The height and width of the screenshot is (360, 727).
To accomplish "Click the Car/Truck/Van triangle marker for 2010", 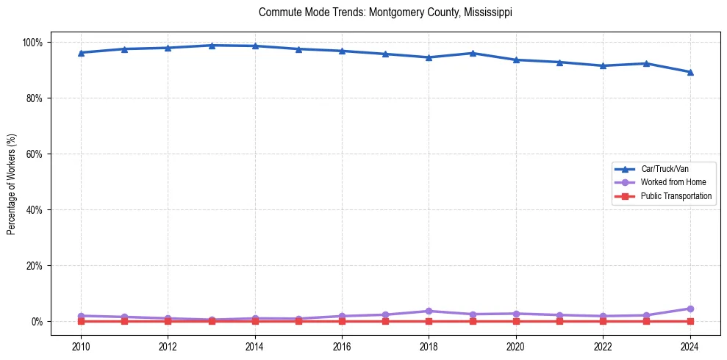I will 81,53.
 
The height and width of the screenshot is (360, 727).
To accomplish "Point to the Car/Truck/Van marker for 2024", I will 690,72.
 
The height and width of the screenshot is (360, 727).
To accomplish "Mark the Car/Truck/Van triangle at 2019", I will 473,53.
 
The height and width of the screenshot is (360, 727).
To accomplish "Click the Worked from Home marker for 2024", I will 690,309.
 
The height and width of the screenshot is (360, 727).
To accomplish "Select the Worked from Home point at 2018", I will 429,311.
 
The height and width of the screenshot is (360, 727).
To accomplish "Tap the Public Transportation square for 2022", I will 603,321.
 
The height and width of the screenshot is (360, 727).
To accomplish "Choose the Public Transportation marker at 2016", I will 342,321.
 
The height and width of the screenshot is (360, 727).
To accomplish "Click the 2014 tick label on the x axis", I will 255,346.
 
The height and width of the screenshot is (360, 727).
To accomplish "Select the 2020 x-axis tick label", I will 516,346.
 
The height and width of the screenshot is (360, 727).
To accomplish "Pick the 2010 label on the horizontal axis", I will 81,346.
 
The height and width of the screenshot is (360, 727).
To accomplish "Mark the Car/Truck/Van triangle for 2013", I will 212,46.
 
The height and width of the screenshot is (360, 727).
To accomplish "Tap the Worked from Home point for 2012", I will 168,318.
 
